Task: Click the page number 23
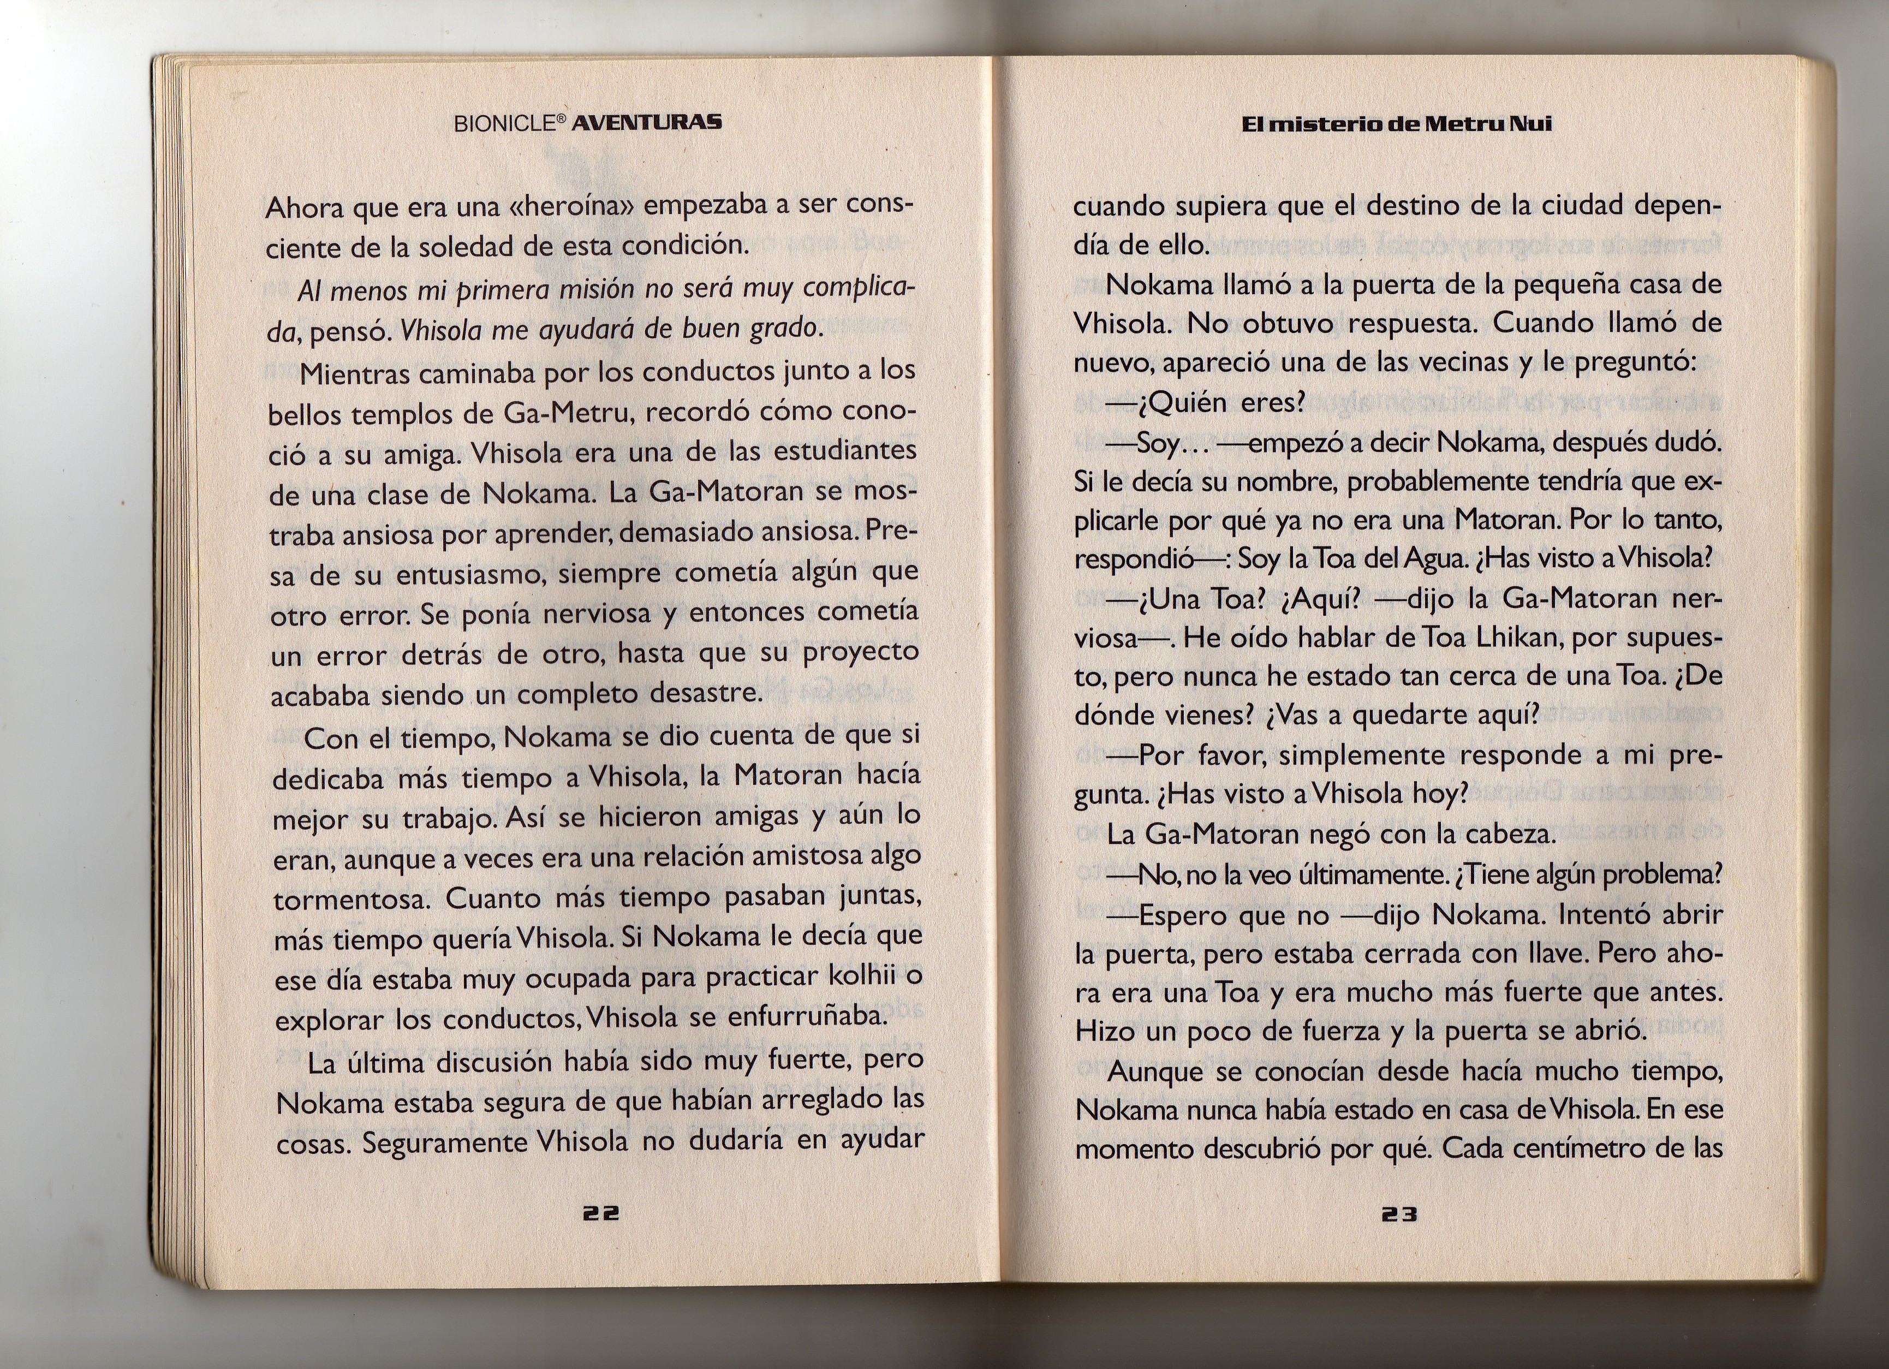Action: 1399,1215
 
